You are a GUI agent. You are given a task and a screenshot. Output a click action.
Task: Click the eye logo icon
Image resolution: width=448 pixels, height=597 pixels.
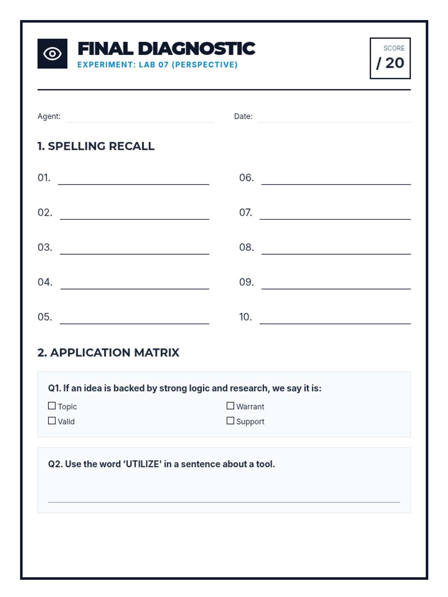pos(52,54)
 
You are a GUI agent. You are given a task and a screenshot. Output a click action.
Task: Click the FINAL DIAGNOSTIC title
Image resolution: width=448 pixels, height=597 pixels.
pos(166,49)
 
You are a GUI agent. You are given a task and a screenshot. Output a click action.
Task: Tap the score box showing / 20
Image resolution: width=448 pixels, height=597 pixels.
pos(390,58)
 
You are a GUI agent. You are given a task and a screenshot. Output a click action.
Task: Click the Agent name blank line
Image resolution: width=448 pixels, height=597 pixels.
pos(140,119)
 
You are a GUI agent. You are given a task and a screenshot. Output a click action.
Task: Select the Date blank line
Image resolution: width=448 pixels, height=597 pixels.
pos(334,119)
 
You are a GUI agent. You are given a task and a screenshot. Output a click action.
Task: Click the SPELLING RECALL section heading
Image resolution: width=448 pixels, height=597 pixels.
pos(96,146)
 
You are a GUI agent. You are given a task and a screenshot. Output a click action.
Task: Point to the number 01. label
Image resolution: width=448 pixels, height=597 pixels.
pos(44,178)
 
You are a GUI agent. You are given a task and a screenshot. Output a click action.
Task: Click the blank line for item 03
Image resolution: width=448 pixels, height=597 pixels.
pos(134,251)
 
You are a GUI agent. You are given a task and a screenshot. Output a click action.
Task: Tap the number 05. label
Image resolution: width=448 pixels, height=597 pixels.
pos(44,317)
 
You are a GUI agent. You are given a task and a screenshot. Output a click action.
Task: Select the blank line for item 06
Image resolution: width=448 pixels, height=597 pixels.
pos(336,181)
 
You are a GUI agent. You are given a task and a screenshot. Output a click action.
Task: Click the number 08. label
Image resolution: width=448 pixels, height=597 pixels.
pos(246,247)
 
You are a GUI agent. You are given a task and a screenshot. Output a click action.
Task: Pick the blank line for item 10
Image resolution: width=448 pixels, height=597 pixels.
pos(335,321)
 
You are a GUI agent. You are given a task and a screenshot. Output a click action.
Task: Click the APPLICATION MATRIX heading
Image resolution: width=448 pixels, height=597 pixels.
pos(108,352)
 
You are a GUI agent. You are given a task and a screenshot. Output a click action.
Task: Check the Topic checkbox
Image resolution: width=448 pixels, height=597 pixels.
pos(52,406)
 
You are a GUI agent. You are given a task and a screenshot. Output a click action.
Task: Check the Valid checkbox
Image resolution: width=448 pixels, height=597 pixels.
pos(52,421)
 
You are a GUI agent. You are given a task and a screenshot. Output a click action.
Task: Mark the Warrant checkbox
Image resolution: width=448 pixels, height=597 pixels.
pos(230,406)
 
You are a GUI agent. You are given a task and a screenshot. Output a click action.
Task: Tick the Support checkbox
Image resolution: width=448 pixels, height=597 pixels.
pos(230,421)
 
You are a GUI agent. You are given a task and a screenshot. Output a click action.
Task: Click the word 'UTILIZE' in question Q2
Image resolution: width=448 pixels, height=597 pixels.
pos(143,464)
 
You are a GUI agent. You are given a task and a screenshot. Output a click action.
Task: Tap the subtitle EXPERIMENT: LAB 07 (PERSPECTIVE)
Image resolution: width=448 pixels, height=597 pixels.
pos(157,65)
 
